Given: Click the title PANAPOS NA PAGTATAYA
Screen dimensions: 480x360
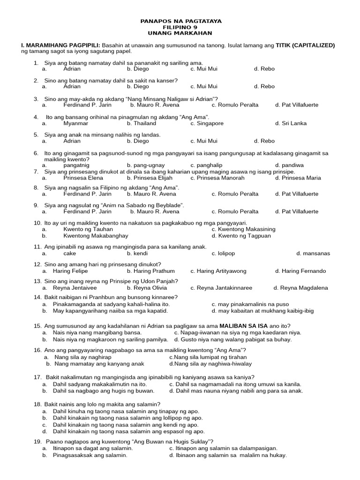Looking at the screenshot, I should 181,21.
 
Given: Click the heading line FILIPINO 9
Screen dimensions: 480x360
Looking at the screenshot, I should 181,27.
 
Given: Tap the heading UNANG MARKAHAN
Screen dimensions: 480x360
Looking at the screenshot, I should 181,33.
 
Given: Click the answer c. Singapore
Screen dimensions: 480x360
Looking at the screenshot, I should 207,123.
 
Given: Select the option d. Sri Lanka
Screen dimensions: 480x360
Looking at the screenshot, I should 291,123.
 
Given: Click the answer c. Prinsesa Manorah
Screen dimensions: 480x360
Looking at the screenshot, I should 217,178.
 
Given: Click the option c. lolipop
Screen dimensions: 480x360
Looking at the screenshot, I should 223,253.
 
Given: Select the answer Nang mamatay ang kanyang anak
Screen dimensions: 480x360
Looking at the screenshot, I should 99,363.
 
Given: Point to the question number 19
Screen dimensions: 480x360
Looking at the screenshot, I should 37,442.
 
